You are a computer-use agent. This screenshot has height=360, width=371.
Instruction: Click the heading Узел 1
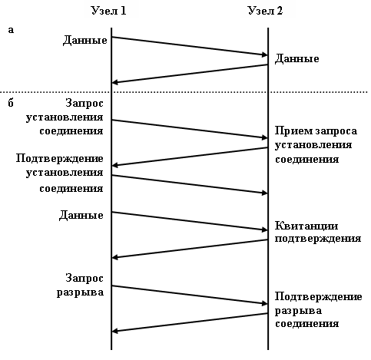[x=109, y=11]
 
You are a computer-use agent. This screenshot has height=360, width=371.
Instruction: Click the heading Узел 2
[x=265, y=11]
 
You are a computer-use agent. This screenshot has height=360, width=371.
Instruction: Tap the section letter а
[x=11, y=30]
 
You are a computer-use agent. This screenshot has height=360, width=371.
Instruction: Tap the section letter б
[x=11, y=103]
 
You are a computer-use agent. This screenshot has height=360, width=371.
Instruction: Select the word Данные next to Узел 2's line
[x=297, y=59]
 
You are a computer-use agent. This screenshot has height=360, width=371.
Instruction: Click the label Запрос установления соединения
[x=65, y=117]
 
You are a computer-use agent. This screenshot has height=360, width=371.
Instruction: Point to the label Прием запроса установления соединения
[x=316, y=145]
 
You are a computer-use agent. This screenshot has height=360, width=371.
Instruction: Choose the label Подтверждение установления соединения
[x=60, y=173]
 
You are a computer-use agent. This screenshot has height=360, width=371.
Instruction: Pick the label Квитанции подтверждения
[x=318, y=232]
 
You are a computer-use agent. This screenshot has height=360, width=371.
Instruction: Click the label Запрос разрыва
[x=80, y=285]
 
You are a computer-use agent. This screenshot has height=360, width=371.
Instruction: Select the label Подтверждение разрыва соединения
[x=319, y=310]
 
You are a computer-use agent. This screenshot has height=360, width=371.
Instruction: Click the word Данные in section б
[x=81, y=215]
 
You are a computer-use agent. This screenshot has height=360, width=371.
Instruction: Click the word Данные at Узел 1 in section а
[x=85, y=41]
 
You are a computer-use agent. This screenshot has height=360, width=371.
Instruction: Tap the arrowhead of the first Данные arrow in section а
[x=265, y=54]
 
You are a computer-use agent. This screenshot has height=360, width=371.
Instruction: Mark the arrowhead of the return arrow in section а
[x=115, y=82]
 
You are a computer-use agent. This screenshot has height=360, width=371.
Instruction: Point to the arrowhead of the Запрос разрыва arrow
[x=265, y=304]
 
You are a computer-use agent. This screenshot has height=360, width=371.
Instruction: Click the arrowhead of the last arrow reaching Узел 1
[x=115, y=331]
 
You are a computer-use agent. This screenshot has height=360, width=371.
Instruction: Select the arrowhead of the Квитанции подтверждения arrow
[x=115, y=257]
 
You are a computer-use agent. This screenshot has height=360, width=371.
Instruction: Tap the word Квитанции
[x=306, y=226]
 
